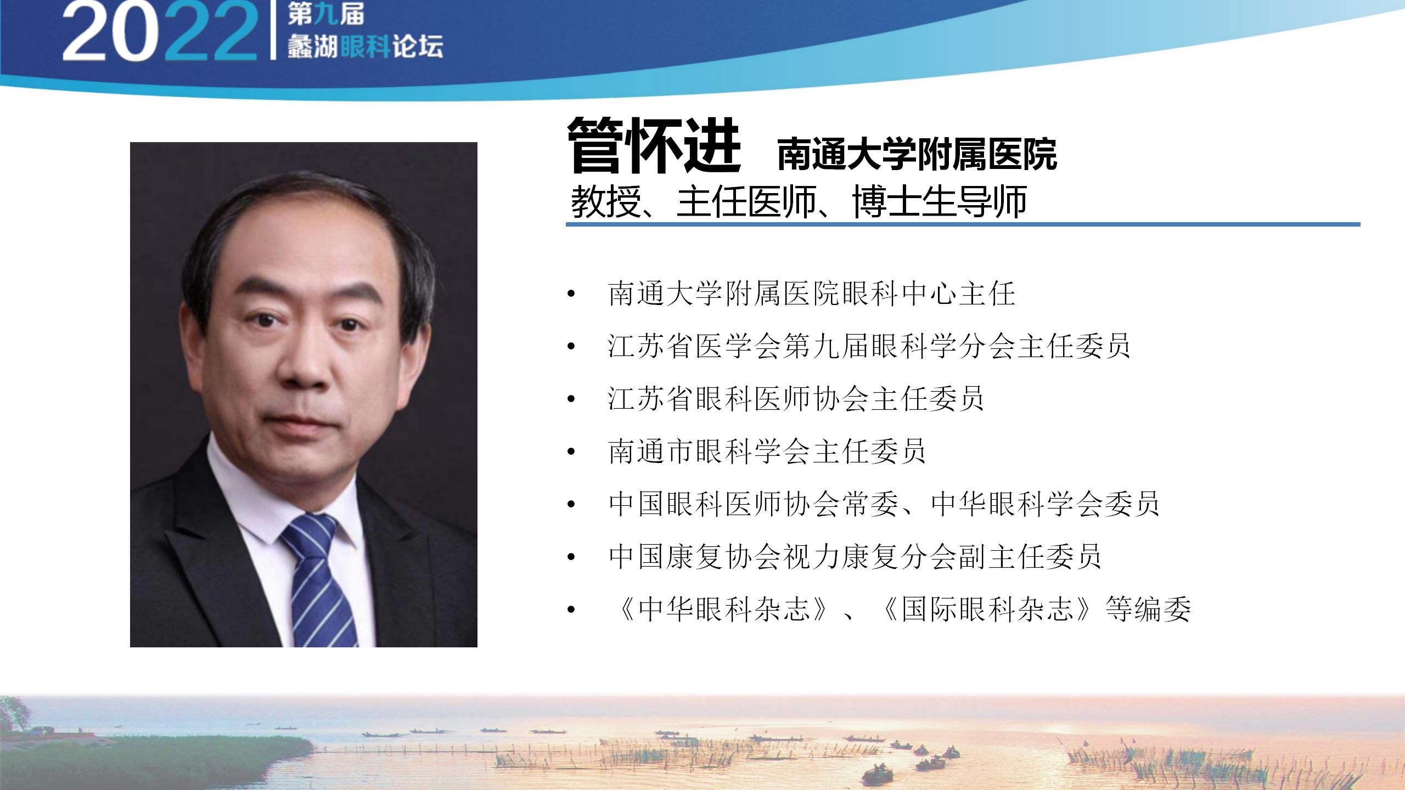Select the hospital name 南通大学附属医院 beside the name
point(917,155)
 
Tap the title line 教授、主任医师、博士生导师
point(799,202)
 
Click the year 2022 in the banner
point(160,32)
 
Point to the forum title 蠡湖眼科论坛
point(365,46)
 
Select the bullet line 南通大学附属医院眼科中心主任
point(812,294)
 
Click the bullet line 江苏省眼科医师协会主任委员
point(796,398)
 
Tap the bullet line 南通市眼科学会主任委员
point(767,451)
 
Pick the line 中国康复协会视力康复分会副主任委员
point(855,556)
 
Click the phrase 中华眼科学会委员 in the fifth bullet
point(1046,504)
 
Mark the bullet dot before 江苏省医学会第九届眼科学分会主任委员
point(571,347)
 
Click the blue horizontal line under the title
point(963,224)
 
